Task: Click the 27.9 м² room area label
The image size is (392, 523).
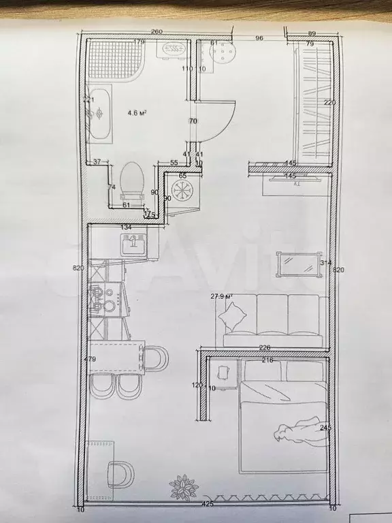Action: click(222, 296)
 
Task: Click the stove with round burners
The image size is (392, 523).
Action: click(103, 298)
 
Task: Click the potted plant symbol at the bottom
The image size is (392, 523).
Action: click(183, 488)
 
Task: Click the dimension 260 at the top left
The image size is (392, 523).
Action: click(157, 32)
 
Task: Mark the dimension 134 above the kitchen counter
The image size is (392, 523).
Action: click(125, 227)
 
